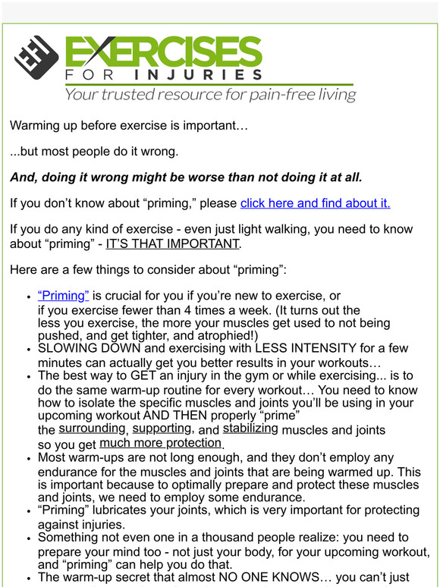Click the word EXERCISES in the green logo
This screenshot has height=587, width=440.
click(163, 52)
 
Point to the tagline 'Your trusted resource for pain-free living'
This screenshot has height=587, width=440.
click(210, 95)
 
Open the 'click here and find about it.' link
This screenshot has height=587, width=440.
click(315, 202)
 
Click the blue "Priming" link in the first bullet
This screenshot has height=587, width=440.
click(63, 295)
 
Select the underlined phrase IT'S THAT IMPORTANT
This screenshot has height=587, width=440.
click(172, 243)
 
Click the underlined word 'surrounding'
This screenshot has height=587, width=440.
click(92, 428)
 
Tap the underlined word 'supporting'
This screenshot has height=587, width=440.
click(162, 428)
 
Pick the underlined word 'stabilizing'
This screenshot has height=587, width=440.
click(250, 428)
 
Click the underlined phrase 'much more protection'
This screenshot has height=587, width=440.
click(160, 443)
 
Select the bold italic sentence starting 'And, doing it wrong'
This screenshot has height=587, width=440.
click(186, 177)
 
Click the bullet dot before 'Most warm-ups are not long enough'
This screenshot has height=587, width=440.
click(29, 458)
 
